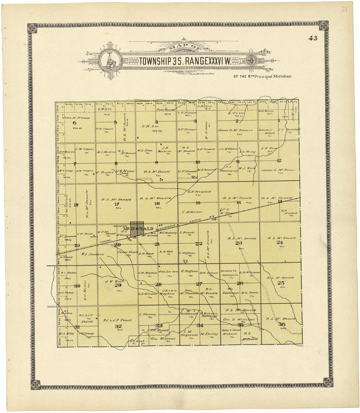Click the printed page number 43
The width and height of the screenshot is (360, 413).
point(313,38)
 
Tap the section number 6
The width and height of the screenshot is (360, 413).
point(74,122)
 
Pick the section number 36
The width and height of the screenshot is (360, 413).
point(281,324)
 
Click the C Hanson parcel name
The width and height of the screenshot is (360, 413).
point(148,314)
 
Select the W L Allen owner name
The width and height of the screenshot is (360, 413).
point(145,151)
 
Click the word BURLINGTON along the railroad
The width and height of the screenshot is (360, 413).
point(167,228)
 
